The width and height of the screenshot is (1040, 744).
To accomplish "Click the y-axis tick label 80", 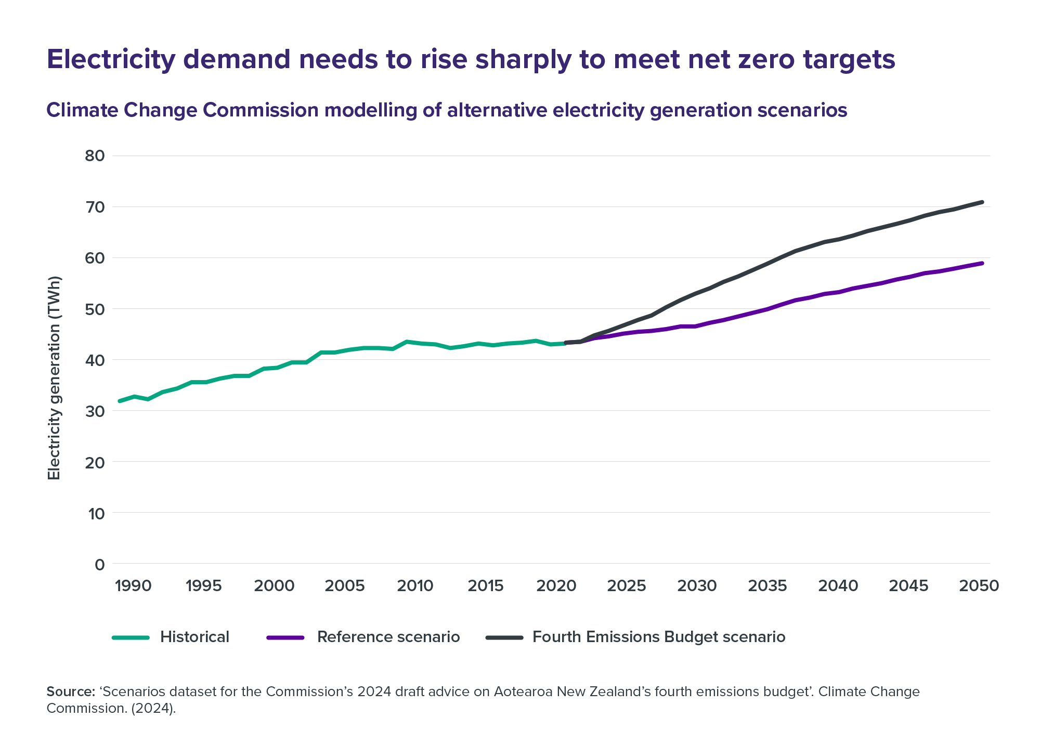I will tap(94, 156).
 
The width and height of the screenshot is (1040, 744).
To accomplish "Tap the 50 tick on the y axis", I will tap(94, 309).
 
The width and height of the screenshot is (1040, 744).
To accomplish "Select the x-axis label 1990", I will tap(133, 586).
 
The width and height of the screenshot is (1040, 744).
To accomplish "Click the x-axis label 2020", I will tap(556, 586).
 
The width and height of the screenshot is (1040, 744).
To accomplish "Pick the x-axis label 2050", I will tap(979, 586).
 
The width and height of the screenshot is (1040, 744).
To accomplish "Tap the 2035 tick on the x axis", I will tap(768, 586).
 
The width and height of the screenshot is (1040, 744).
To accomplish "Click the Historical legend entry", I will tap(194, 637).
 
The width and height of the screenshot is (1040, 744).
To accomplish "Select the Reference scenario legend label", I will tap(388, 637).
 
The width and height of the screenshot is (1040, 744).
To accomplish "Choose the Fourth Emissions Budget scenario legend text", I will tap(659, 637).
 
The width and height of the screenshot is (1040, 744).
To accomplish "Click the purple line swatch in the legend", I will tap(285, 637).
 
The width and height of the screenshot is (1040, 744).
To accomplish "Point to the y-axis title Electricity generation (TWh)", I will tap(55, 378).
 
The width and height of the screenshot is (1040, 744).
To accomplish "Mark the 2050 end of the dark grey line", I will tap(982, 202).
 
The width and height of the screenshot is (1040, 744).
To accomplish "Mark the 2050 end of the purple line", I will tap(982, 263).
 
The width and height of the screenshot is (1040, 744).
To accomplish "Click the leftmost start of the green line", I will tap(120, 401).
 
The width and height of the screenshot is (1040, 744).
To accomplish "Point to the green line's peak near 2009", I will tap(407, 342).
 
